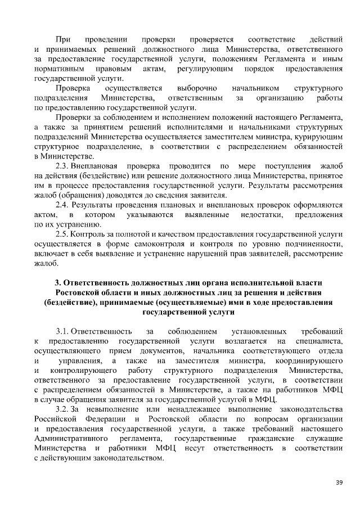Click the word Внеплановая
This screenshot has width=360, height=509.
click(96, 166)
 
